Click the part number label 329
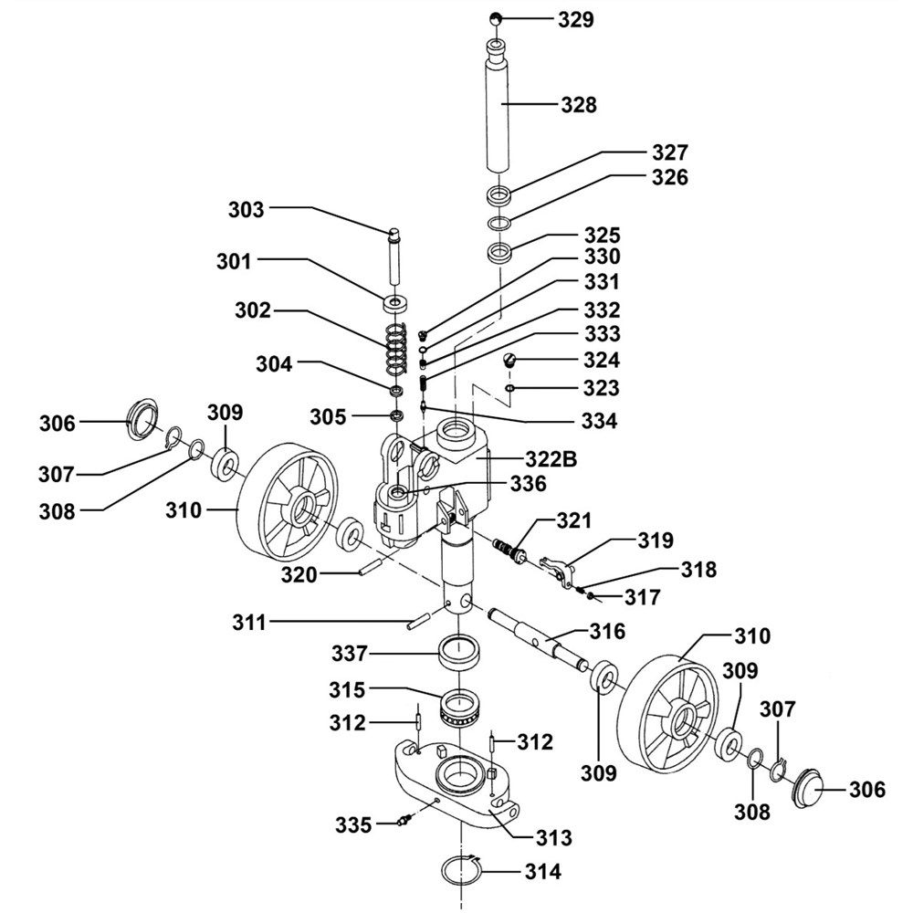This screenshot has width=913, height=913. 574,18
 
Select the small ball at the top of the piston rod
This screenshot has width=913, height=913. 495,18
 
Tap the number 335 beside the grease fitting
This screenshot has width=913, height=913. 353,825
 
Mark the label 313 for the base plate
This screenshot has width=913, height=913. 555,836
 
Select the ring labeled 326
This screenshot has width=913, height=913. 498,224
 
